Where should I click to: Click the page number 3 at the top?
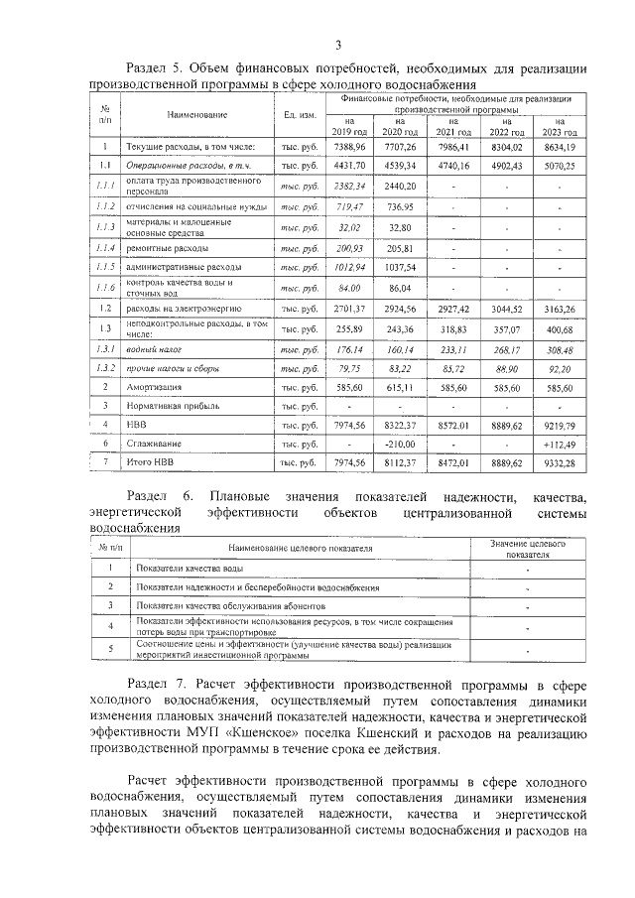tap(337, 45)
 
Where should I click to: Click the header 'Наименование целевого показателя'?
tap(300, 548)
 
